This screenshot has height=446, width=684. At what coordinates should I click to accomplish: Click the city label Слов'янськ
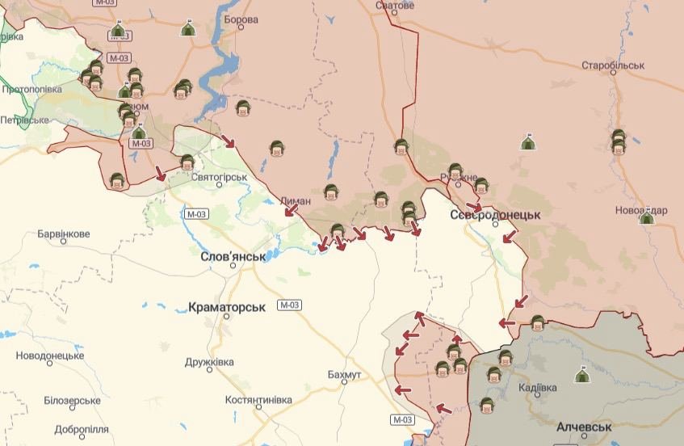pyautogui.click(x=233, y=256)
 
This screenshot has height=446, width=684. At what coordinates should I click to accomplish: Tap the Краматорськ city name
pyautogui.click(x=227, y=308)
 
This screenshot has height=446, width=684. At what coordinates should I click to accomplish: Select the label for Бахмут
pyautogui.click(x=345, y=376)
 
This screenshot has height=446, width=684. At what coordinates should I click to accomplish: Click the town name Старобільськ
pyautogui.click(x=613, y=65)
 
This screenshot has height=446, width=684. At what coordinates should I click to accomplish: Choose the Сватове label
pyautogui.click(x=395, y=6)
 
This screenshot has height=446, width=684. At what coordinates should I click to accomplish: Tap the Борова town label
pyautogui.click(x=241, y=19)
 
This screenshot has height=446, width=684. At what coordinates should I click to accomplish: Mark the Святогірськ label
pyautogui.click(x=220, y=177)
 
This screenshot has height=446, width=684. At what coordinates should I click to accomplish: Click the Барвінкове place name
pyautogui.click(x=64, y=234)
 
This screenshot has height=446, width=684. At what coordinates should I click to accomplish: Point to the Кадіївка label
pyautogui.click(x=536, y=389)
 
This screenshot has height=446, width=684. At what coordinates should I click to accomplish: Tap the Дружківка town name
pyautogui.click(x=209, y=362)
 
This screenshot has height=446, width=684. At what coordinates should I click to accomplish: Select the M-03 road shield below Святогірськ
pyautogui.click(x=196, y=214)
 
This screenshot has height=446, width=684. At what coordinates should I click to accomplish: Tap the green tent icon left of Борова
pyautogui.click(x=187, y=30)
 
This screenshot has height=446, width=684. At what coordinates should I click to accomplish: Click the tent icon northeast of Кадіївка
pyautogui.click(x=582, y=375)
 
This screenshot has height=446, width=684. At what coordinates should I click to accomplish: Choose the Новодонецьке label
pyautogui.click(x=50, y=356)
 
